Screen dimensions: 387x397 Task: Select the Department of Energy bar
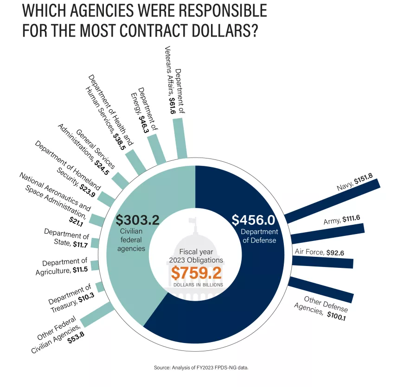coord(157,149)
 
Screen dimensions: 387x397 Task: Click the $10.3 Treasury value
coord(86,298)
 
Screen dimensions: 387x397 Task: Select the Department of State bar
coord(95,243)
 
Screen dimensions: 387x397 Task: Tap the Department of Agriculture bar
coord(95,265)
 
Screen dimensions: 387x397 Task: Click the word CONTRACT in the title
coord(192,31)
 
